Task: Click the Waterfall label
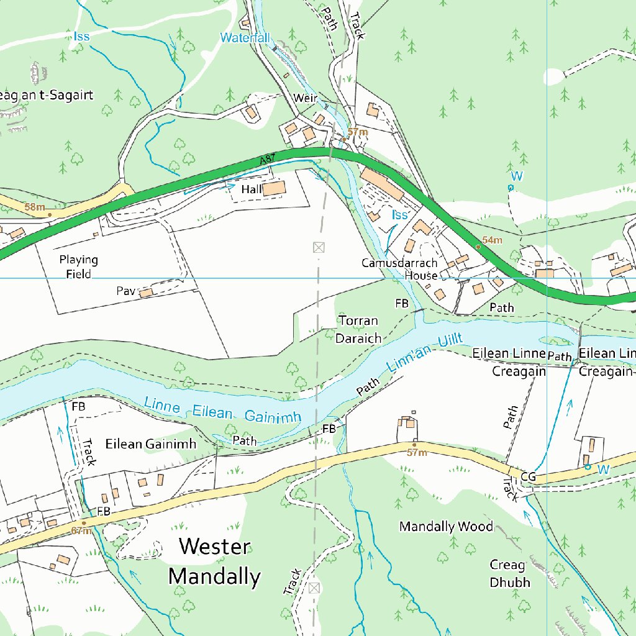click(246, 38)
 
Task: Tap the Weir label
click(306, 99)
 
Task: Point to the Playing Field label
click(79, 266)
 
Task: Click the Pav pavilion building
click(146, 292)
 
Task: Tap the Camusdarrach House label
click(399, 269)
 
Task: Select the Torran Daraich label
click(358, 329)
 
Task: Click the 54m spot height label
click(492, 240)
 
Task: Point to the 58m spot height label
click(35, 206)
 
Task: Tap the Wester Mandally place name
click(214, 562)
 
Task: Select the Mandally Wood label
click(446, 527)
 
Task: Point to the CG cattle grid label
click(529, 477)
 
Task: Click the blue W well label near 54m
click(517, 176)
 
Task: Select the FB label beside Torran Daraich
click(402, 304)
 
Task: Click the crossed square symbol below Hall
click(319, 247)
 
